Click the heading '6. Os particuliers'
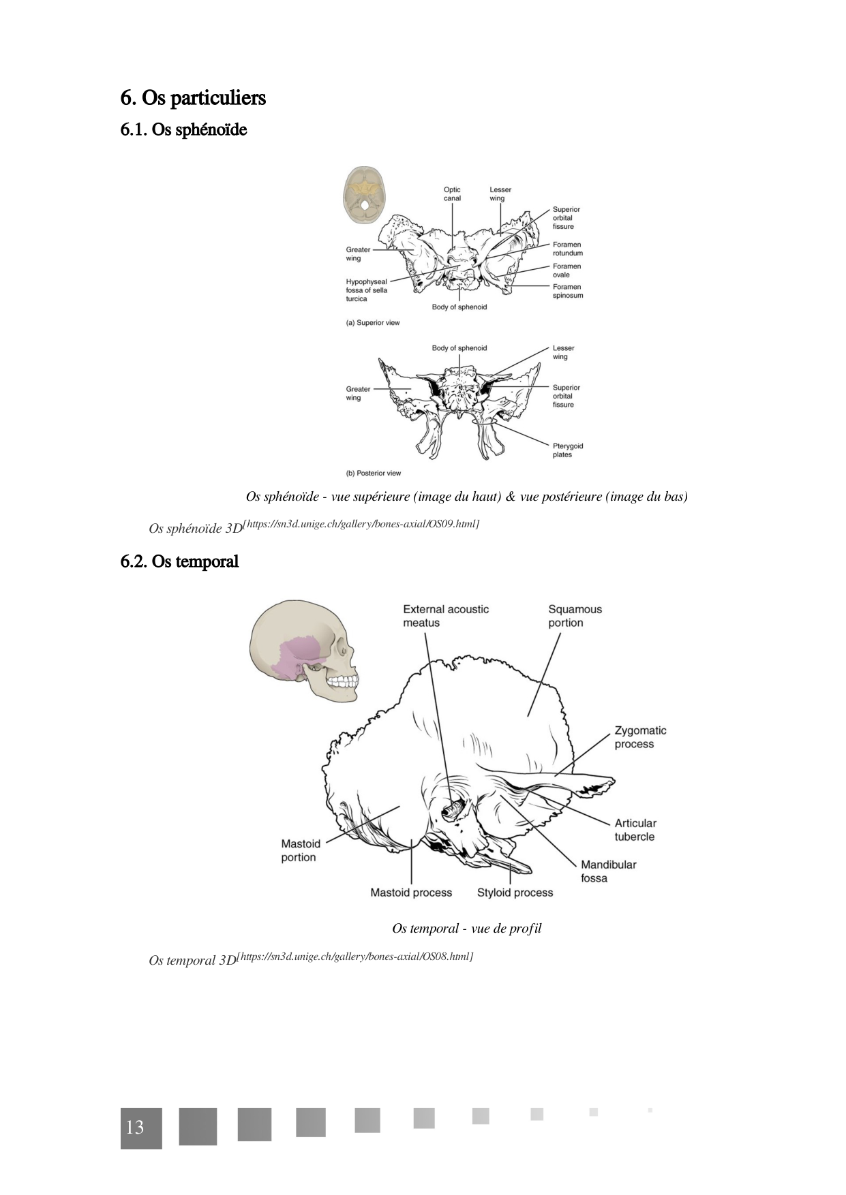pos(193,98)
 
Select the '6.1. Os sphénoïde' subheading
pos(183,129)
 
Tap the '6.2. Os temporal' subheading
pos(179,561)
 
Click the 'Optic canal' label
pos(452,194)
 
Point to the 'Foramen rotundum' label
pos(567,249)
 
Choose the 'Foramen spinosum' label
pos(567,291)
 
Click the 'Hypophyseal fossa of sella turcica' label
pos(366,290)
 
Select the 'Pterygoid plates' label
pos(567,450)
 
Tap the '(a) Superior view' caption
pos(373,323)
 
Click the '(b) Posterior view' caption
pos(374,473)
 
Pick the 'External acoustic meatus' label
pos(445,616)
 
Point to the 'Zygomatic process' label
pos(640,737)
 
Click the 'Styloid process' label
pos(515,893)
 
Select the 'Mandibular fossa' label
pos(608,871)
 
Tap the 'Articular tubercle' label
pos(635,830)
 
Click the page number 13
pos(135,1128)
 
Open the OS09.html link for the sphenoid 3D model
pos(361,524)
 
